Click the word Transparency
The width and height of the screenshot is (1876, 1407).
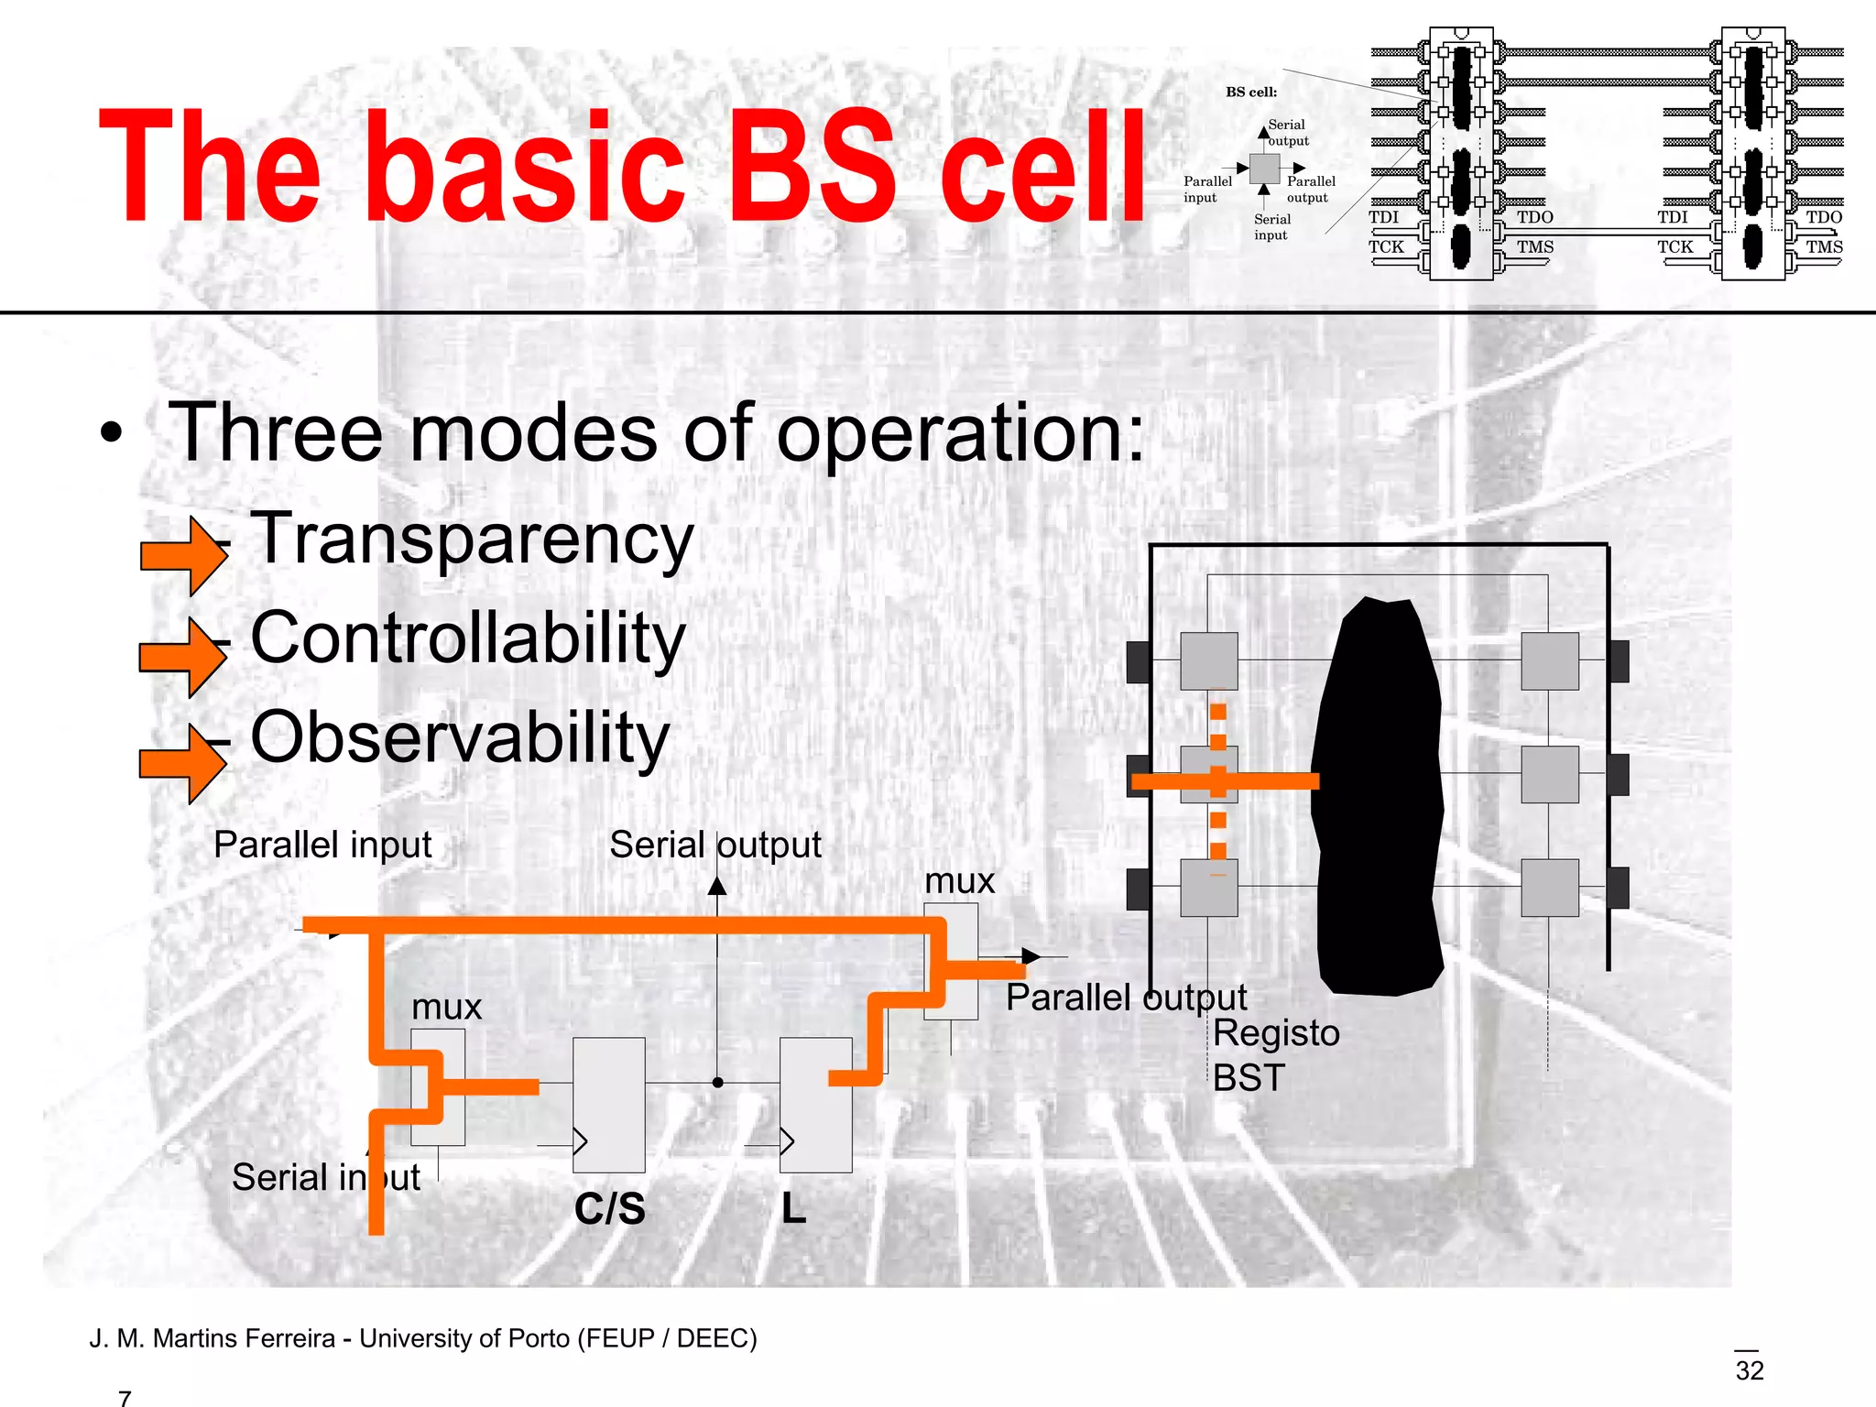click(x=472, y=540)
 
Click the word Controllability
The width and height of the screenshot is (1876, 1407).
click(x=467, y=638)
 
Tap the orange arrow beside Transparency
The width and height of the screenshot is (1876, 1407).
click(x=183, y=555)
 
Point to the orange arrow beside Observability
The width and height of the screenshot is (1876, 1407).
click(x=181, y=763)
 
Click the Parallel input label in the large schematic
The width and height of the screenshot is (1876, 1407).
click(x=322, y=845)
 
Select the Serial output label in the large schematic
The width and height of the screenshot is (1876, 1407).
click(x=714, y=845)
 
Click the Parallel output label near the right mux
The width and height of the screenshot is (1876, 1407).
click(x=1126, y=998)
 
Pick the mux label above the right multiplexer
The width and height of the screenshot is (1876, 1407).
click(x=959, y=881)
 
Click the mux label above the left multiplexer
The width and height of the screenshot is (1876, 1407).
click(x=446, y=1008)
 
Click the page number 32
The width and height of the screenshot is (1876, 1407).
click(x=1749, y=1370)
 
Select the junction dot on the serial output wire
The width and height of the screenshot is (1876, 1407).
click(x=718, y=1083)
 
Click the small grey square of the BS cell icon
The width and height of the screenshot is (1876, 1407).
click(x=1264, y=169)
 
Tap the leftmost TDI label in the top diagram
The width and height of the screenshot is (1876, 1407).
click(x=1383, y=217)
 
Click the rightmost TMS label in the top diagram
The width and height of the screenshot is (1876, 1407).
click(x=1824, y=246)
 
